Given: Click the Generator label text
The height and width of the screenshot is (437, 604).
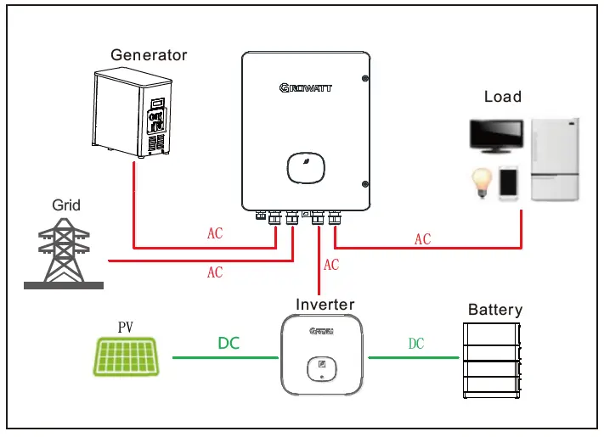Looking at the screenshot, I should click(x=149, y=55).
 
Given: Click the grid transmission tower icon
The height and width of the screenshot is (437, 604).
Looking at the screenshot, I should click(x=63, y=253).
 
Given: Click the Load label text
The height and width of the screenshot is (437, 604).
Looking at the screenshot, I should click(x=503, y=97).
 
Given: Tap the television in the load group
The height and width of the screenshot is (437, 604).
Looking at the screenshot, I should click(x=497, y=138).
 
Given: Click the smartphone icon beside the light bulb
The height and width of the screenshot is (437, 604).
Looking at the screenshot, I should click(x=508, y=183).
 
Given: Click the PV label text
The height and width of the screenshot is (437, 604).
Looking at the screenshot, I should click(x=127, y=326).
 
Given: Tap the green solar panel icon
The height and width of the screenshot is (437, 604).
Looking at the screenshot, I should click(x=127, y=357).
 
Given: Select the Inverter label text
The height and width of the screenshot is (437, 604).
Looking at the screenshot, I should click(x=325, y=304).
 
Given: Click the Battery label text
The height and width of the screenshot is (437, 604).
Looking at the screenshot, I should click(x=495, y=310).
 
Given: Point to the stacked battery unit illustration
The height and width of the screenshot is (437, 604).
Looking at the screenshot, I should click(x=494, y=361).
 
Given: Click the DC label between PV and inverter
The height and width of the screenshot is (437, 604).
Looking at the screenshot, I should click(x=229, y=344).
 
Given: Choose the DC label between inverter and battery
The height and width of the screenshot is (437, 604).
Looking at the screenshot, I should click(x=415, y=344).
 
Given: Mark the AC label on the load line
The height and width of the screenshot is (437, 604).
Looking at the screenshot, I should click(x=422, y=240).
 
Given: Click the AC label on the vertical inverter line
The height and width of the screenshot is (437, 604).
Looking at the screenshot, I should click(x=330, y=266).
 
